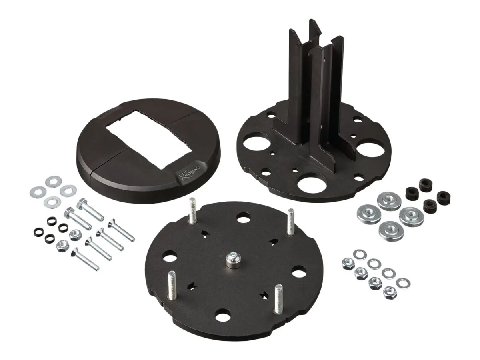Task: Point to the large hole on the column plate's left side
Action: pyautogui.click(x=257, y=143)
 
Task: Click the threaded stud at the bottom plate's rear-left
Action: pyautogui.click(x=192, y=210)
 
